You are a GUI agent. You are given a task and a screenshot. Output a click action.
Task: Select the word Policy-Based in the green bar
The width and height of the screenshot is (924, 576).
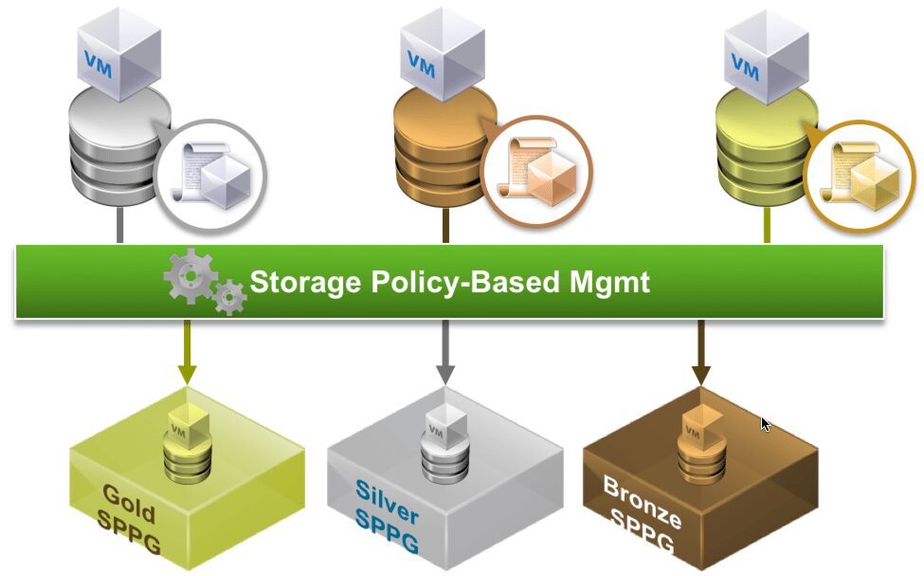(462, 283)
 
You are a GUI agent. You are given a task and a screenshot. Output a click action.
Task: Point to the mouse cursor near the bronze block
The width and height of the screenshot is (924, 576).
(766, 422)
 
